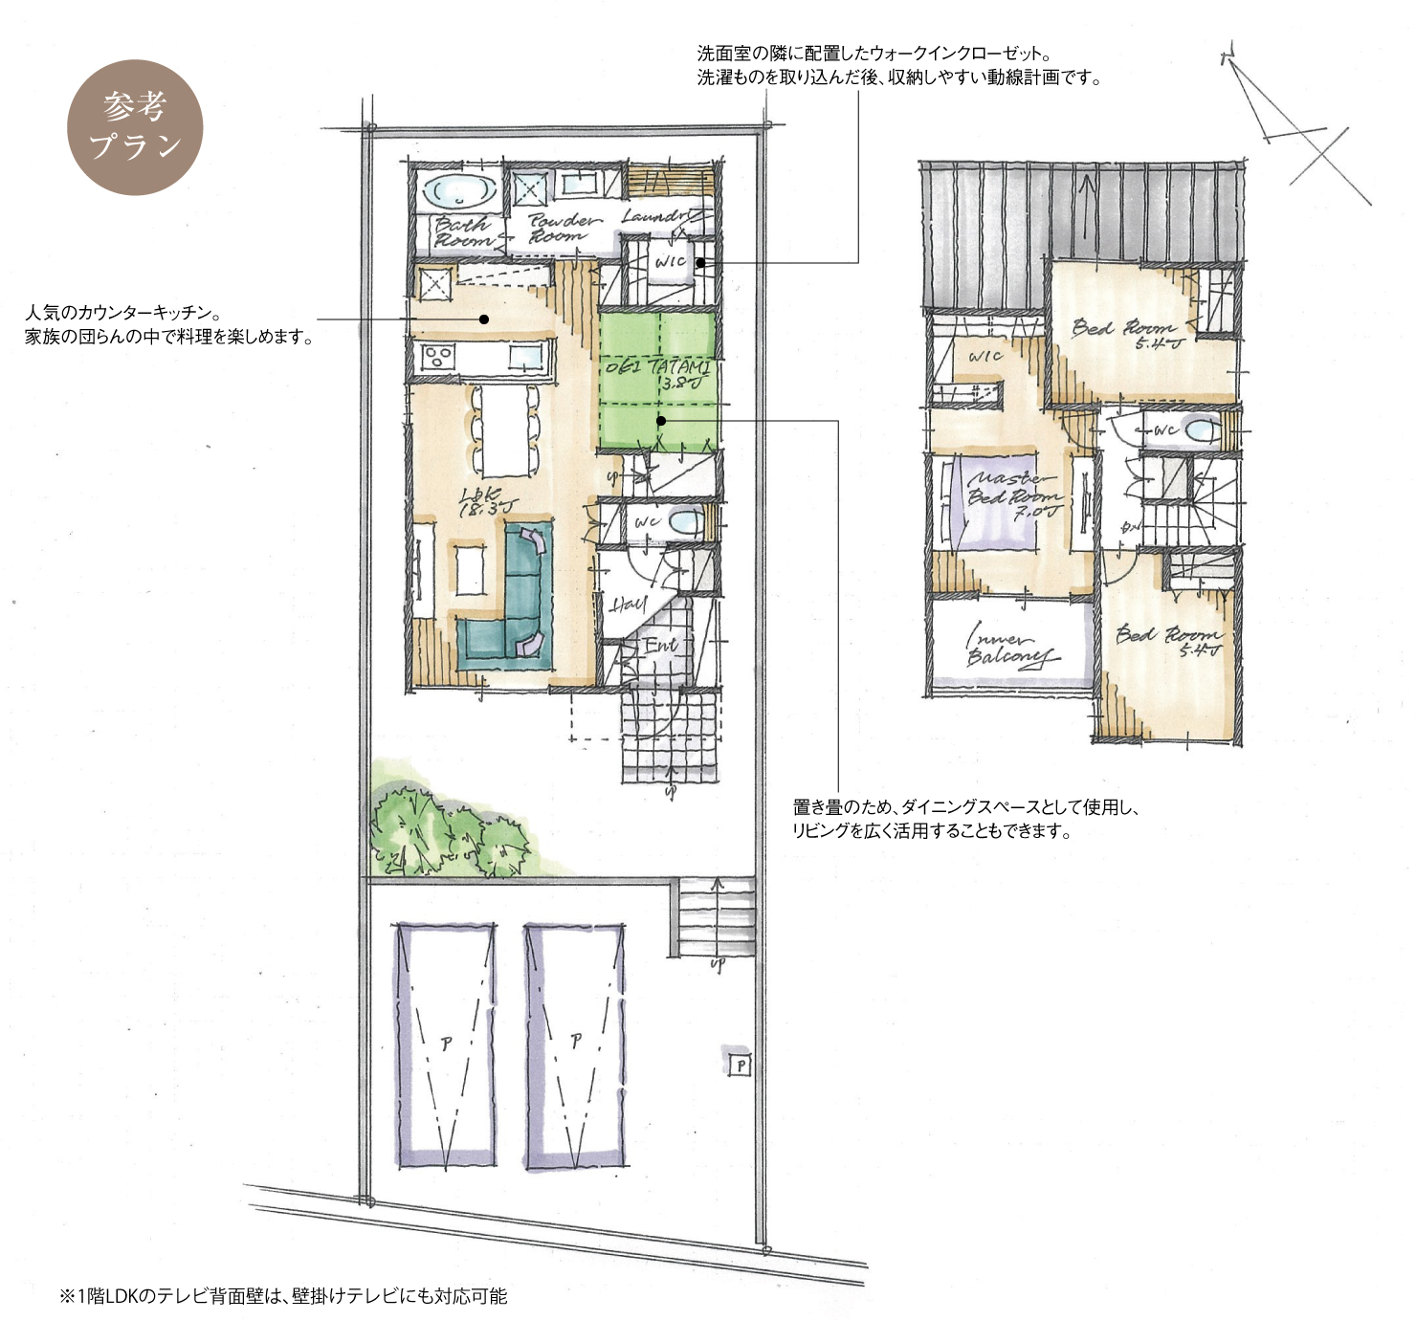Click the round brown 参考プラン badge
(x=135, y=127)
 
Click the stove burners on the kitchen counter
(x=438, y=357)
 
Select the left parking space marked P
(x=446, y=1044)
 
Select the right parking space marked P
(x=575, y=1044)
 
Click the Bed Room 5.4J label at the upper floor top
(x=1129, y=332)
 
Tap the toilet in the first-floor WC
(x=682, y=522)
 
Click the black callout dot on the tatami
(x=660, y=420)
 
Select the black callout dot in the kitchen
(x=484, y=319)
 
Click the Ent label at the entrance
(x=659, y=646)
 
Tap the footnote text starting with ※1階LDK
(x=283, y=1296)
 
